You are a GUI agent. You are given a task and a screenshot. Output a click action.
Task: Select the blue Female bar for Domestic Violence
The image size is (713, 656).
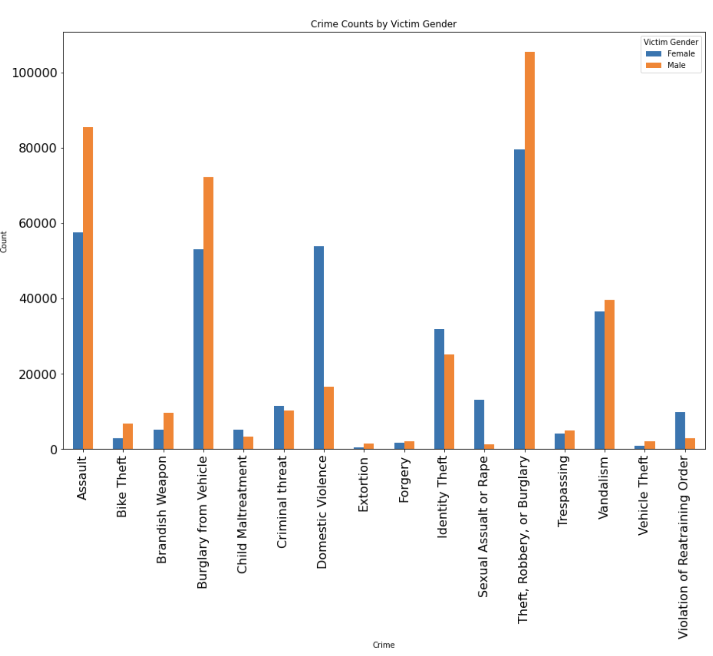319,347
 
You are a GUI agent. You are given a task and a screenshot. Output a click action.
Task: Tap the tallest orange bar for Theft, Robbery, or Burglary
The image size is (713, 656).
529,250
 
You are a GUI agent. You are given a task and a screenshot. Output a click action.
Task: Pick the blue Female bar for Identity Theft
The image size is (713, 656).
439,389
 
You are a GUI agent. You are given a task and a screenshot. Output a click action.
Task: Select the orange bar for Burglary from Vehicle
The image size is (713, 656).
208,313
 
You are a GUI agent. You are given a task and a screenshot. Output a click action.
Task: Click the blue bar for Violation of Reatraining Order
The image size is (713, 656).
680,430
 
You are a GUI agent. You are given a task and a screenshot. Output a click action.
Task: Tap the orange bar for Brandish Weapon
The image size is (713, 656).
168,431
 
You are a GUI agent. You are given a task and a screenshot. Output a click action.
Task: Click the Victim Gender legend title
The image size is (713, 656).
670,42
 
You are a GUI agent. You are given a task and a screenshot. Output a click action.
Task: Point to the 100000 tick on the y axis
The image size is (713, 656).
34,73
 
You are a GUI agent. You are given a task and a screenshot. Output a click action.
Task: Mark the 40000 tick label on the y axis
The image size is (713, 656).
38,299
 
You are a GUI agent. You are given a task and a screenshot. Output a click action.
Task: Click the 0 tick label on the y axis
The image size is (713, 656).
53,450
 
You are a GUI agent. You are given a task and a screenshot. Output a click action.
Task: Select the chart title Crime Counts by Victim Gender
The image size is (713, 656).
383,24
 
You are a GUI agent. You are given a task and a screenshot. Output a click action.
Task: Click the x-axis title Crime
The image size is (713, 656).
383,645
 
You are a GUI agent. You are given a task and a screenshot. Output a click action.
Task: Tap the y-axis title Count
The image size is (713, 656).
4,242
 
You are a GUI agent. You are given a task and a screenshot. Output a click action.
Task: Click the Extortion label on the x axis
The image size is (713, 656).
363,484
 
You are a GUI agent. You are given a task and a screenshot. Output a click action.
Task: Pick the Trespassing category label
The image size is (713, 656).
563,491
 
